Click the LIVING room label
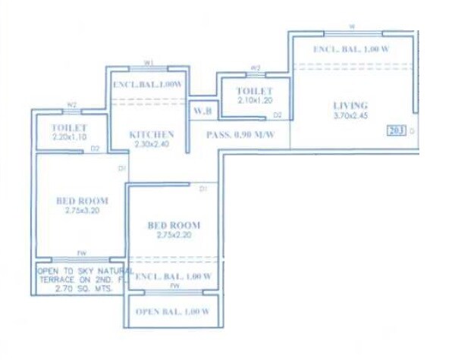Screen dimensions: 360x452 click(x=350, y=105)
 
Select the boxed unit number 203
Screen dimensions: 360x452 click(x=396, y=129)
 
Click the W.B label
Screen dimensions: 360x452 click(x=202, y=112)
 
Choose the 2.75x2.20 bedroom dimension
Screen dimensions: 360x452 click(x=174, y=236)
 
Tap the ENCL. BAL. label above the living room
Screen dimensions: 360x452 click(x=351, y=50)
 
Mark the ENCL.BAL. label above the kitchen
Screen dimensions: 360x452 click(x=147, y=85)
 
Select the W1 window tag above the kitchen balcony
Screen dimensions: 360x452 click(x=149, y=62)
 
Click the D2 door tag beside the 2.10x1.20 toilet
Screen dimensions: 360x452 click(x=278, y=114)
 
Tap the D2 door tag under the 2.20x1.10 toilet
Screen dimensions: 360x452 click(x=96, y=149)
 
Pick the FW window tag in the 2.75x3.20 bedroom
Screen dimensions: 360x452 click(x=80, y=253)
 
